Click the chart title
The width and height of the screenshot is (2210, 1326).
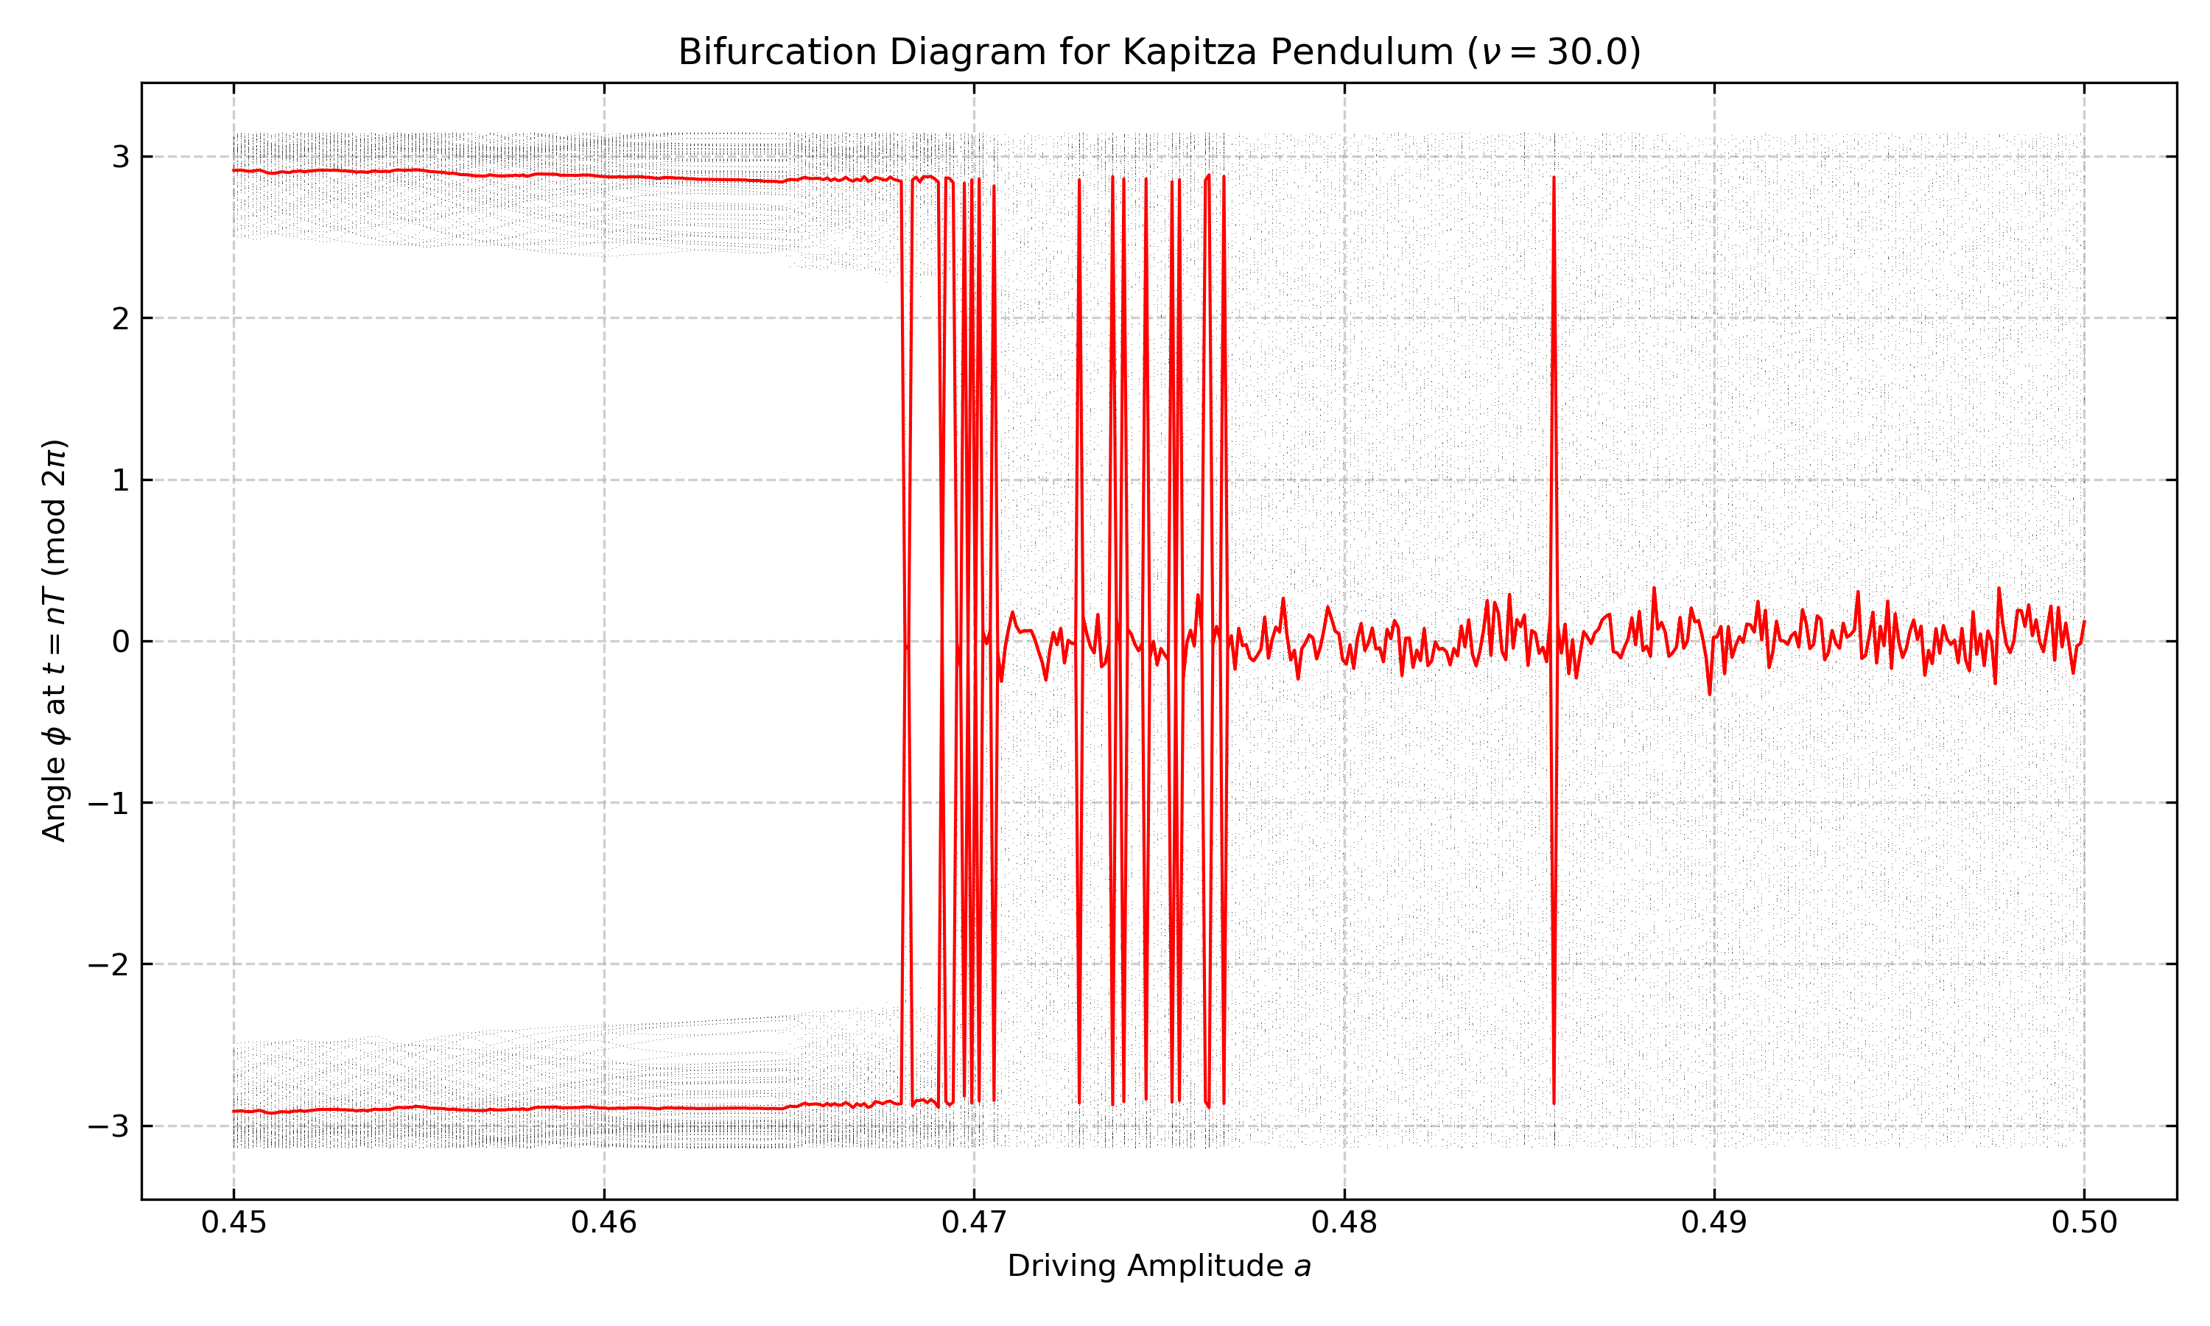coord(1159,52)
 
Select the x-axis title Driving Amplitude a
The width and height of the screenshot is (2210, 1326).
coord(1159,1266)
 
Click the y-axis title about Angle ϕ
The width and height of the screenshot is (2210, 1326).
coord(55,641)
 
